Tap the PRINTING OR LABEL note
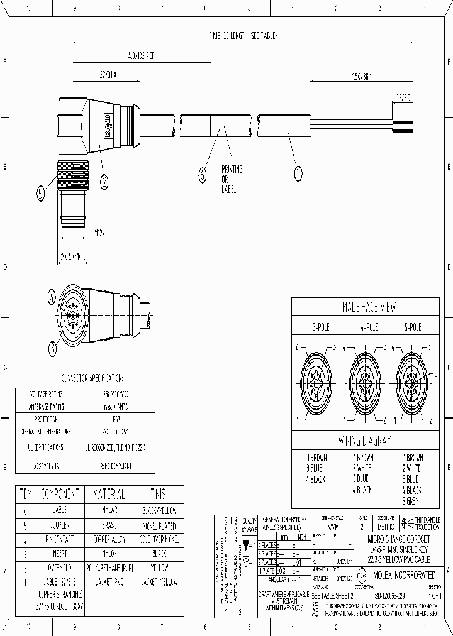231,179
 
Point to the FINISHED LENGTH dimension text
242,36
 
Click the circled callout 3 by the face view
53,345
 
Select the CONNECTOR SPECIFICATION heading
92,379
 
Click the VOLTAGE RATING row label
46,393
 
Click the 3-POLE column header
315,327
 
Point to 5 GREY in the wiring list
413,500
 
